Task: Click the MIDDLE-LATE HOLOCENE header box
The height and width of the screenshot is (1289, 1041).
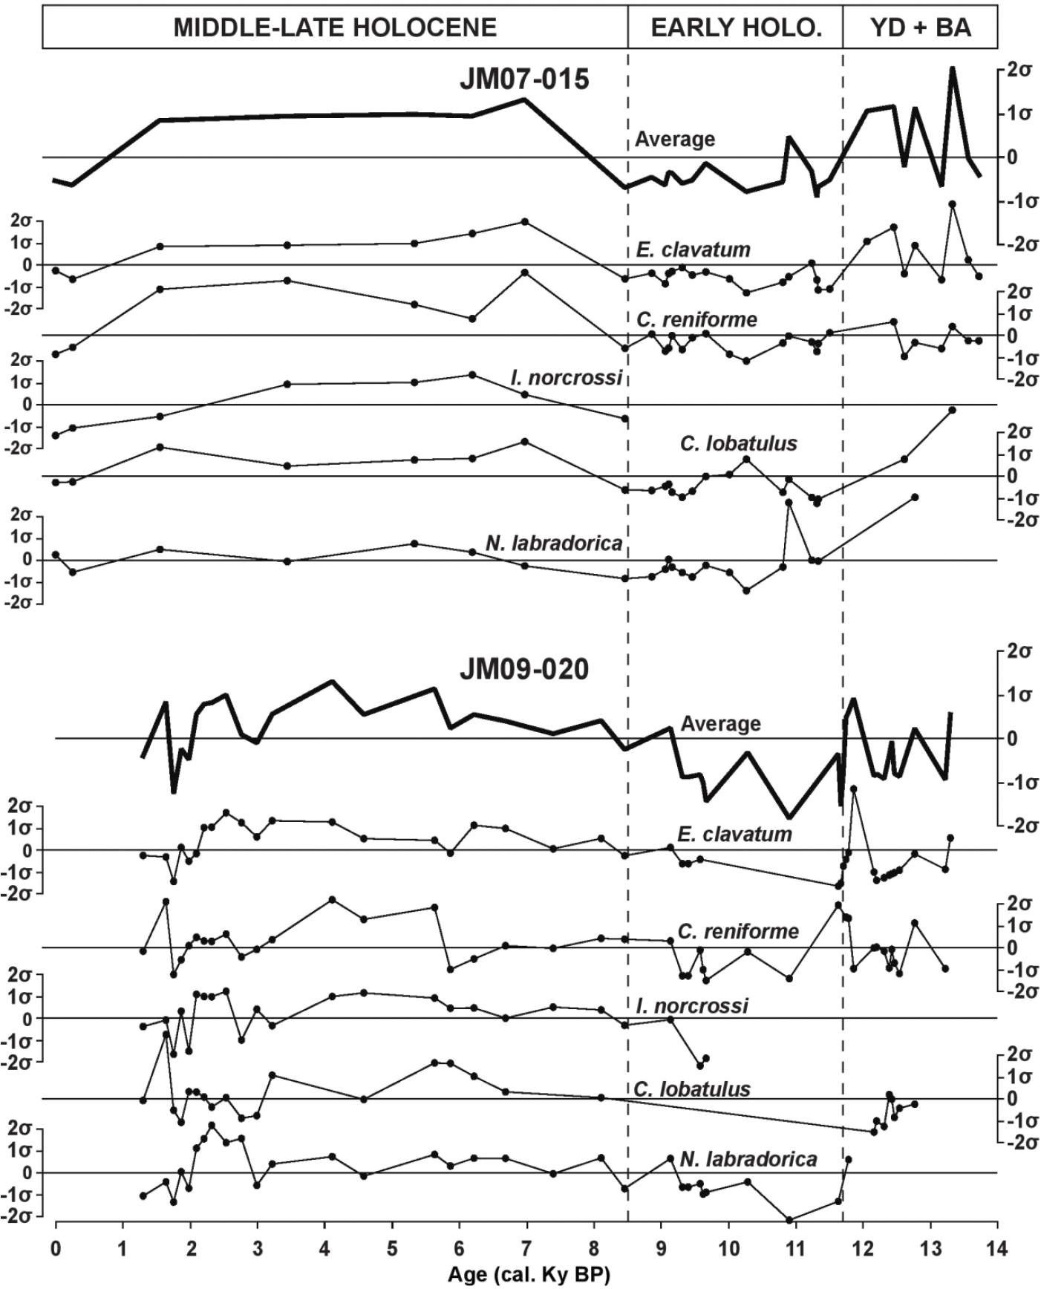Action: [335, 28]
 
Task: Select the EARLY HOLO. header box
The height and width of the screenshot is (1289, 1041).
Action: [736, 28]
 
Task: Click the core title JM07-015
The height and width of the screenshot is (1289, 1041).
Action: [524, 79]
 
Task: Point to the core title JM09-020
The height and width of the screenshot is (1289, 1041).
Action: [524, 669]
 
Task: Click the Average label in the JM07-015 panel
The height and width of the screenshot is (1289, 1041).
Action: [675, 139]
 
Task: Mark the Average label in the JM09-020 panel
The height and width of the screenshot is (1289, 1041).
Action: [720, 723]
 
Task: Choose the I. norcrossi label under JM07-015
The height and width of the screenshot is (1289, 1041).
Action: [566, 377]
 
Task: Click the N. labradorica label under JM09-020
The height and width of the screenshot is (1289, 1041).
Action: [748, 1159]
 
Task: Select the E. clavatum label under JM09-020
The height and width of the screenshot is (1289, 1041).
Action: [734, 834]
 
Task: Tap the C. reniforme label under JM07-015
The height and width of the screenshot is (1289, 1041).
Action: [696, 319]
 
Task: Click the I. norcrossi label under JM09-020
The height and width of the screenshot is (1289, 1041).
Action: [692, 1006]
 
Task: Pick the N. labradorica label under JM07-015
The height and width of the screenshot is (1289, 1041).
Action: [553, 544]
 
